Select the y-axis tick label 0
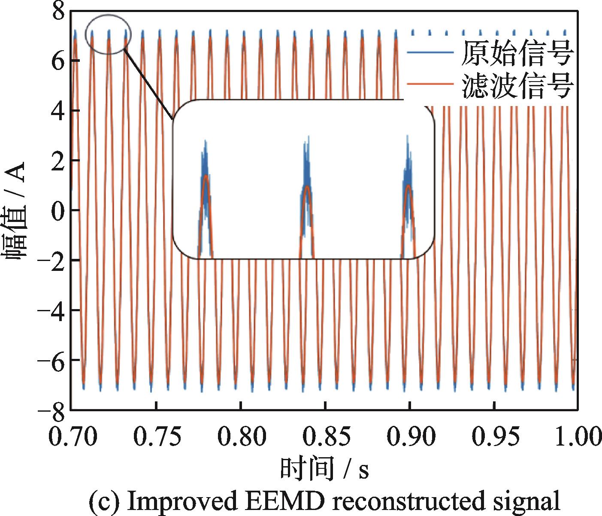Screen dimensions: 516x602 coord(58,210)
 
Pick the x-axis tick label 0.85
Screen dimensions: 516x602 coord(325,437)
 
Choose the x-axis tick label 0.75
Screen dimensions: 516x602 coord(156,437)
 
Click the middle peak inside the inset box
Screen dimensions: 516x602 coord(307,189)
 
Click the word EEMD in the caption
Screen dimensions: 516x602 coord(285,501)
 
